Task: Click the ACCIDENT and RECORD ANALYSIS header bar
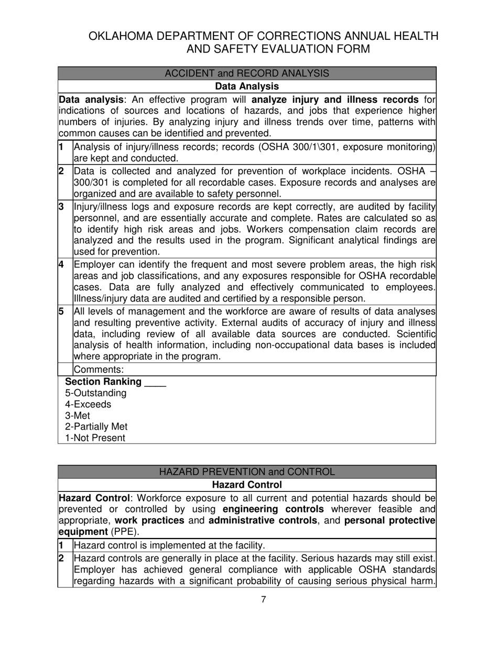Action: (247, 73)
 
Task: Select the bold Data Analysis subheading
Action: (247, 86)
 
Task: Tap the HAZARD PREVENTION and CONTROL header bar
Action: (247, 472)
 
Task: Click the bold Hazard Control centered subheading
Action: (247, 485)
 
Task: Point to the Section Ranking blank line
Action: (155, 382)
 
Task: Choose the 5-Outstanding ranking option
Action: (95, 393)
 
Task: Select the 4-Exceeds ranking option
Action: (88, 404)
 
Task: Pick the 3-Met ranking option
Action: (78, 416)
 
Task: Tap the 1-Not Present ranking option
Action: (95, 438)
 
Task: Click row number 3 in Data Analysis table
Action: (61, 207)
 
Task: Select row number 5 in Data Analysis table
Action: (61, 311)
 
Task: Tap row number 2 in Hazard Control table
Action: (61, 558)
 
